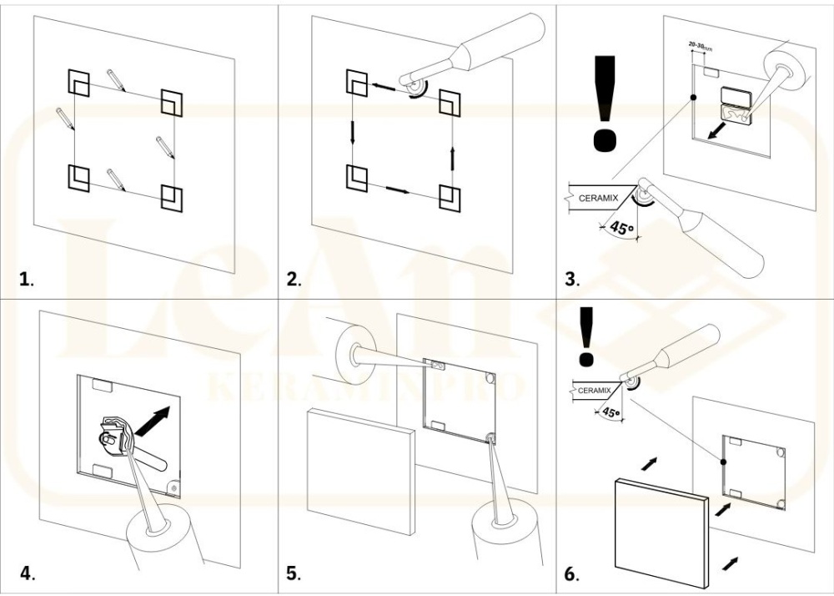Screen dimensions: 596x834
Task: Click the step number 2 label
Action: [x=294, y=279]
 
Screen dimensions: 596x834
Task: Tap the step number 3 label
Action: [x=571, y=279]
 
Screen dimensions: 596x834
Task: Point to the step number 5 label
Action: [x=294, y=573]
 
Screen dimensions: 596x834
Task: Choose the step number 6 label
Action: [x=571, y=573]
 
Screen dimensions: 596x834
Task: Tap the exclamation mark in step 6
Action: [x=586, y=336]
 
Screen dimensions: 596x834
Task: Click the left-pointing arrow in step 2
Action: [x=384, y=83]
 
